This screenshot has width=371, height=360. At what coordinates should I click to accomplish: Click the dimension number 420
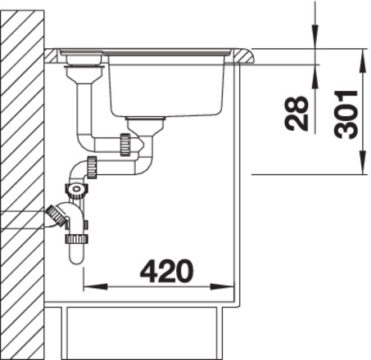166,271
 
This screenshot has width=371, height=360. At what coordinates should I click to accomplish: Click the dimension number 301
346,115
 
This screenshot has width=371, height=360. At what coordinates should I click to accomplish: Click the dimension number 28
296,113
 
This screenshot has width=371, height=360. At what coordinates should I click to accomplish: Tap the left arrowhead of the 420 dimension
95,286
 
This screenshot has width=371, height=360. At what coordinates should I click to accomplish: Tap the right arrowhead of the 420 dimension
222,286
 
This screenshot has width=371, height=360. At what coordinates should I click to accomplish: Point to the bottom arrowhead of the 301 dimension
363,162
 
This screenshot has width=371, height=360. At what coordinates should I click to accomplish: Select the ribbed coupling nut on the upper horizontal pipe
125,145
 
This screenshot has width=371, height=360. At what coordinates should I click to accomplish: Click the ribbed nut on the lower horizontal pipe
92,168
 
